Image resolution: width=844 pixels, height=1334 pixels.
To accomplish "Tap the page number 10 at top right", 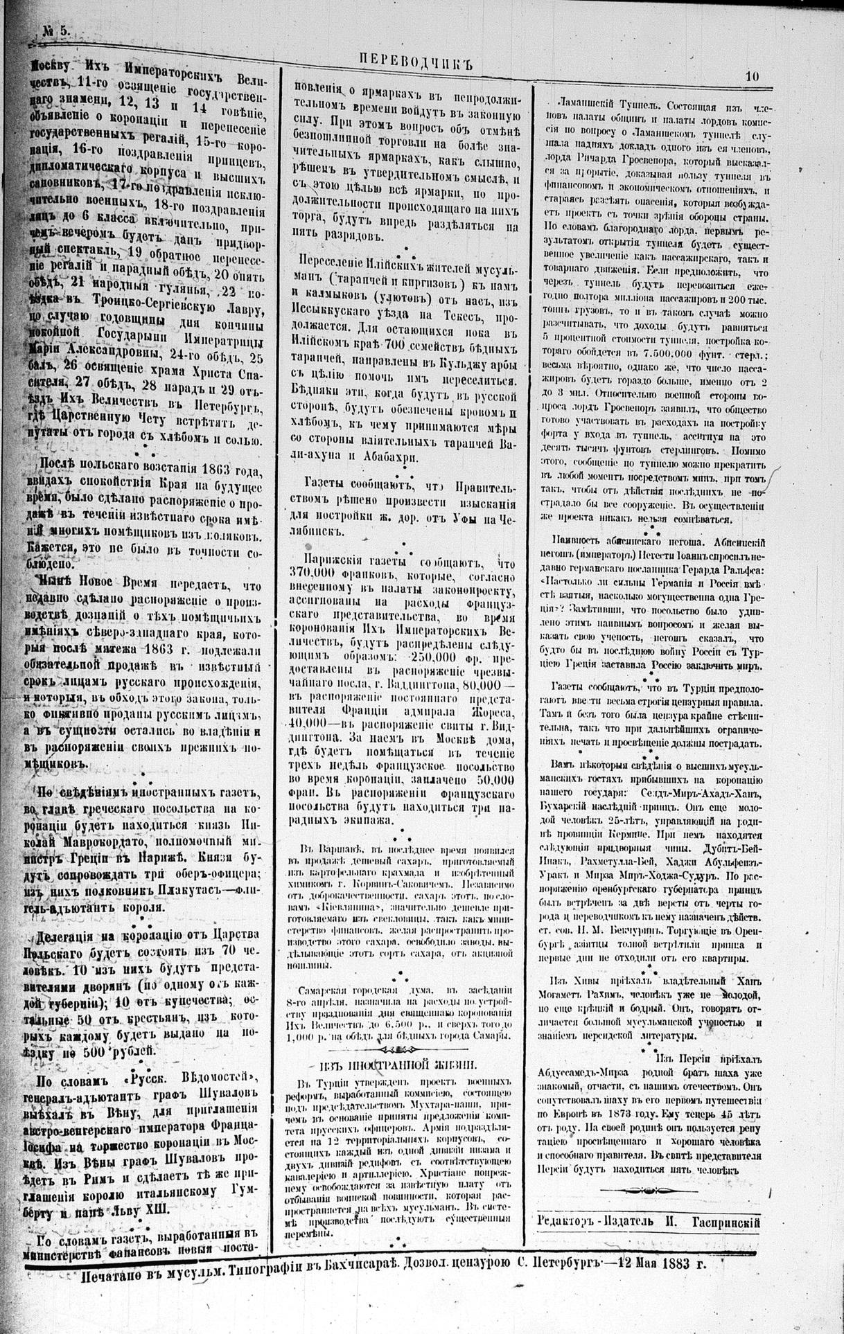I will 753,78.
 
